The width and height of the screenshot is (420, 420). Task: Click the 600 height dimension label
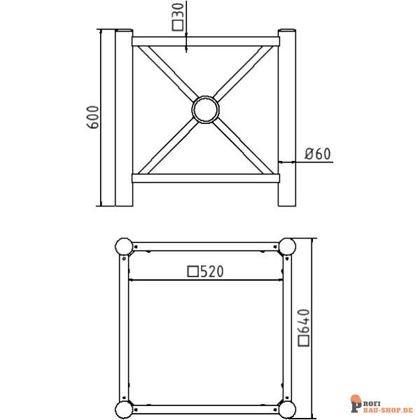(92, 117)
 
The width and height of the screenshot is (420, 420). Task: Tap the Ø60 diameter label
(318, 154)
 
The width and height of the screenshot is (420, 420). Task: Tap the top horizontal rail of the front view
(205, 41)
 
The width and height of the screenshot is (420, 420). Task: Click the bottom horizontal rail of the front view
(205, 178)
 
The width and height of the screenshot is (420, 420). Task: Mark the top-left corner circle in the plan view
(123, 246)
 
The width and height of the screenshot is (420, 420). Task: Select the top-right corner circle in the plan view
(288, 246)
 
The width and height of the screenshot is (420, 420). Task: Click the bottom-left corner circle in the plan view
(123, 409)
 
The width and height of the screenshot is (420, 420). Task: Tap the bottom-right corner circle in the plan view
(288, 409)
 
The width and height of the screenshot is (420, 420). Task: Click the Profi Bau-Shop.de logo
(379, 404)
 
